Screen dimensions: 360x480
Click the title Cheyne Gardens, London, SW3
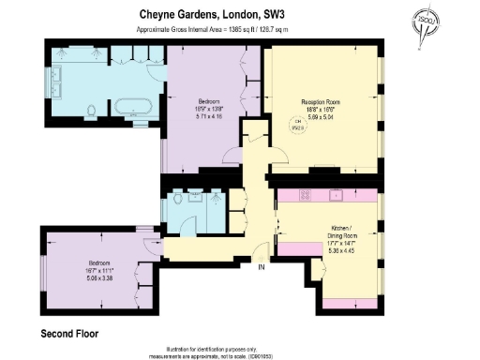point(212,14)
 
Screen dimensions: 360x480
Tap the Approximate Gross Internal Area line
point(212,30)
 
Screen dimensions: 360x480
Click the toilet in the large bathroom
point(90,112)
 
